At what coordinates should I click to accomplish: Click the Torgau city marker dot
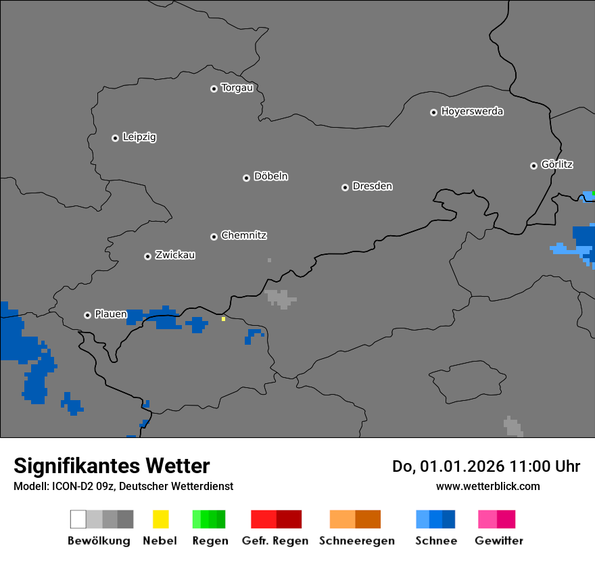point(214,89)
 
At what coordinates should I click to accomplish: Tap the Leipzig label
point(139,137)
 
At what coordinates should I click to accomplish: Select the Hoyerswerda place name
point(472,112)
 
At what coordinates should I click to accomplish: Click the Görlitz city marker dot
point(533,166)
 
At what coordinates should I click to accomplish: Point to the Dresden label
point(372,186)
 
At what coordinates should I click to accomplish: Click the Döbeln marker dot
point(246,178)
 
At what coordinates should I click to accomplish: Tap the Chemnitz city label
point(243,236)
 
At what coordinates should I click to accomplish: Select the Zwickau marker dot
point(147,256)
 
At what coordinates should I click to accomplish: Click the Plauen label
point(111,314)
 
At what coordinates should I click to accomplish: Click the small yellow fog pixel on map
point(223,318)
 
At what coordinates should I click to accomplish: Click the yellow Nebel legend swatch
point(160,519)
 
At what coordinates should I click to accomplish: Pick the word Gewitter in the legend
point(499,541)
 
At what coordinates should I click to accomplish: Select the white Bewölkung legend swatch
point(78,519)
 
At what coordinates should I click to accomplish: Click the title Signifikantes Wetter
point(112,466)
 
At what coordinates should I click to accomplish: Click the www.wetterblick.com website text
point(487,487)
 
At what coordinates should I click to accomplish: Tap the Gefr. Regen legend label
point(275,541)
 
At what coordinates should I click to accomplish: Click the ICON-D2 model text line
point(123,487)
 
